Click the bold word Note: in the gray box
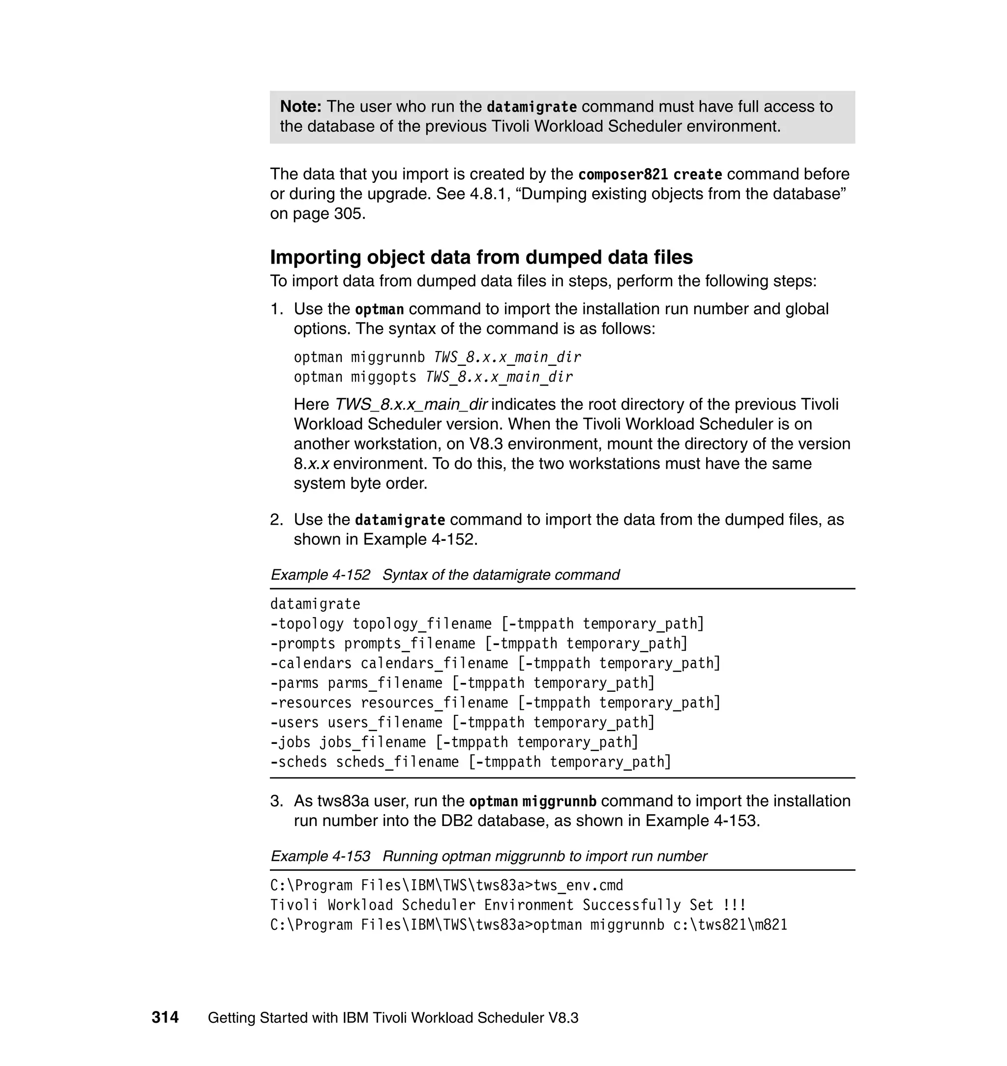tap(300, 106)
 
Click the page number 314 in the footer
tap(165, 1017)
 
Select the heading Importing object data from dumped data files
tap(481, 257)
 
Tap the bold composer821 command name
tap(622, 175)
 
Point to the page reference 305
tap(350, 213)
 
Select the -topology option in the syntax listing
tap(306, 623)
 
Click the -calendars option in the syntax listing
tap(311, 663)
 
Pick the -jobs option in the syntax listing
tap(291, 742)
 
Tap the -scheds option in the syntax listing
tap(298, 762)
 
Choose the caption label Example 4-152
tap(321, 575)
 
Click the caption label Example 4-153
tap(321, 856)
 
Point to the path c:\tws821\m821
tap(730, 925)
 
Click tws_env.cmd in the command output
tap(579, 885)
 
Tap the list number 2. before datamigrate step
tap(276, 520)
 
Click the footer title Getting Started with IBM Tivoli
tap(393, 1018)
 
